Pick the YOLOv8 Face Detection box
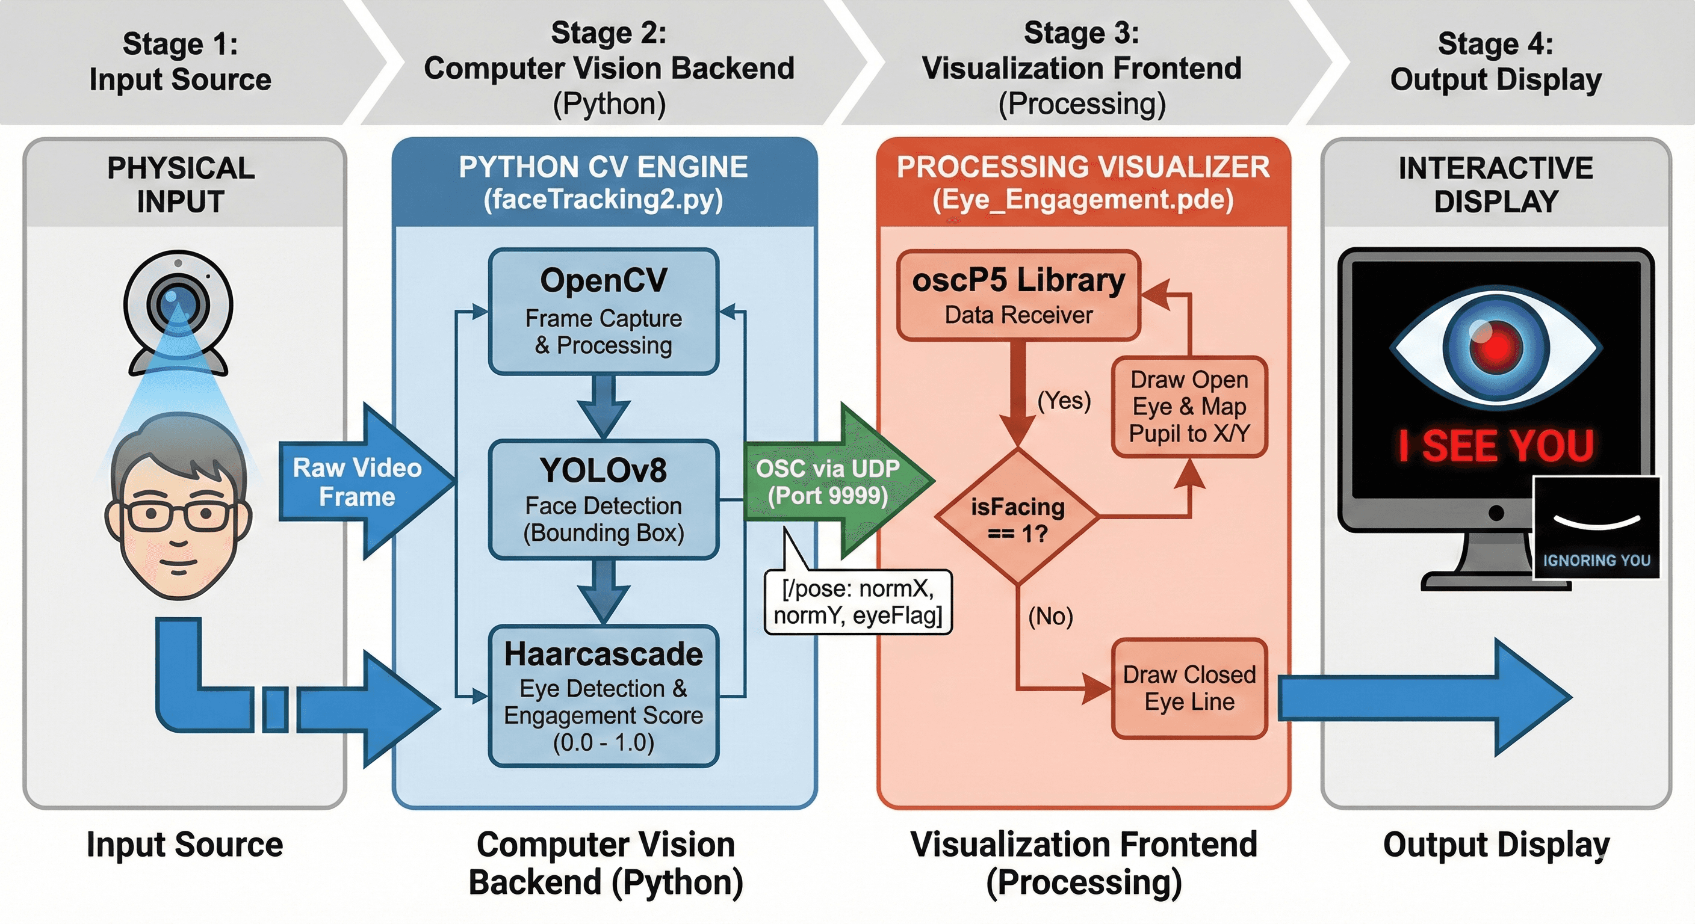[x=603, y=500]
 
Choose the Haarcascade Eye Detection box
[x=603, y=696]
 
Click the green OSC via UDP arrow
[x=832, y=482]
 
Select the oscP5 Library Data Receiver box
[x=1018, y=295]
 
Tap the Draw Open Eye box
[x=1189, y=407]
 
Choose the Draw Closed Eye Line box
[x=1189, y=688]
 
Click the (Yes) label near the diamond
[x=1064, y=400]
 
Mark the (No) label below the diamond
[x=1050, y=616]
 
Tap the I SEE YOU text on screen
[x=1496, y=446]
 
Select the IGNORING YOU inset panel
[x=1596, y=528]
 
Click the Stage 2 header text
[x=609, y=67]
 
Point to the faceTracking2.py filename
[x=603, y=199]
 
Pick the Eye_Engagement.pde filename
[x=1083, y=199]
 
